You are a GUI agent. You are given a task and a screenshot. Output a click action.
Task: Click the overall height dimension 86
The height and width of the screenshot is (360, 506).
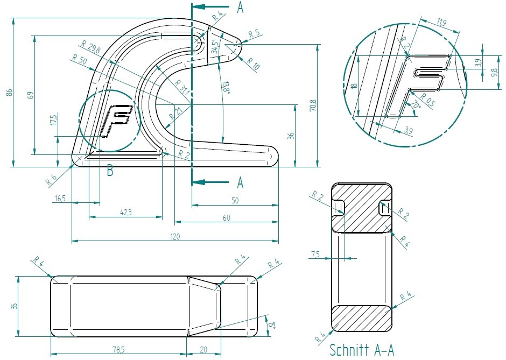coord(9,93)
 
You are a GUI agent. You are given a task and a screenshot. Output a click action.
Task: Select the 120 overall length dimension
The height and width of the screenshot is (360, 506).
coord(175,236)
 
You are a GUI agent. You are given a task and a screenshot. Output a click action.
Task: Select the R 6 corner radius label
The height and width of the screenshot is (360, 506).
coord(52,180)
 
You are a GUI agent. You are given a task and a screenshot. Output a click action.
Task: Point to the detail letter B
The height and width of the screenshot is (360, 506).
coord(110,172)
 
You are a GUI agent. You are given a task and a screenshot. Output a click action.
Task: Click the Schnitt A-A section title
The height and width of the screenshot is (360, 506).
coord(362,350)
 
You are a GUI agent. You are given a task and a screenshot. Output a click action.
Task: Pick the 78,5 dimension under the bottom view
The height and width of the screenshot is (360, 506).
coord(118,350)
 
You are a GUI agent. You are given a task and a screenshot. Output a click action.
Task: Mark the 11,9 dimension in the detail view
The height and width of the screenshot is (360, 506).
coord(442,23)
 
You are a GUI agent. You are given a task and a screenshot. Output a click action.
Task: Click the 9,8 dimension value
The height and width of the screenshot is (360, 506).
coord(495,72)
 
